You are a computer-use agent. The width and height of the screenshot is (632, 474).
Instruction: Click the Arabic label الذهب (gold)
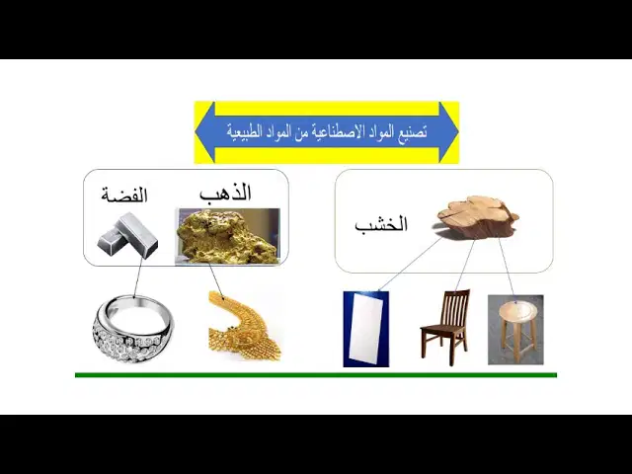point(225,193)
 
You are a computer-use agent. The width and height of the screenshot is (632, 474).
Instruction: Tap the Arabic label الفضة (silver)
point(124,196)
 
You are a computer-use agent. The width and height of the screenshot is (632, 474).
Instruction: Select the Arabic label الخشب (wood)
point(381,224)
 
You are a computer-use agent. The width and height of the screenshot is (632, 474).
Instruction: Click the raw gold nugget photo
point(228,237)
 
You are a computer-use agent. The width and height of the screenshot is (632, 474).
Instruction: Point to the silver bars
point(127,236)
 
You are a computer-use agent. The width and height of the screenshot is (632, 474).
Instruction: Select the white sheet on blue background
point(366,329)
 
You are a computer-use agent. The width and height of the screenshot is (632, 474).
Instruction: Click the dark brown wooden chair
point(445,327)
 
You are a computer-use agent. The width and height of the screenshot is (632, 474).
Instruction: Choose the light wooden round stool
point(515,330)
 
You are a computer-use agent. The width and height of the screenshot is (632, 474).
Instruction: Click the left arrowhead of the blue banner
point(204,132)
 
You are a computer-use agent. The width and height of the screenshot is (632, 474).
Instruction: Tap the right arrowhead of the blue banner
point(448,132)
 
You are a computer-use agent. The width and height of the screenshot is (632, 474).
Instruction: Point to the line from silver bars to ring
point(138,277)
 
